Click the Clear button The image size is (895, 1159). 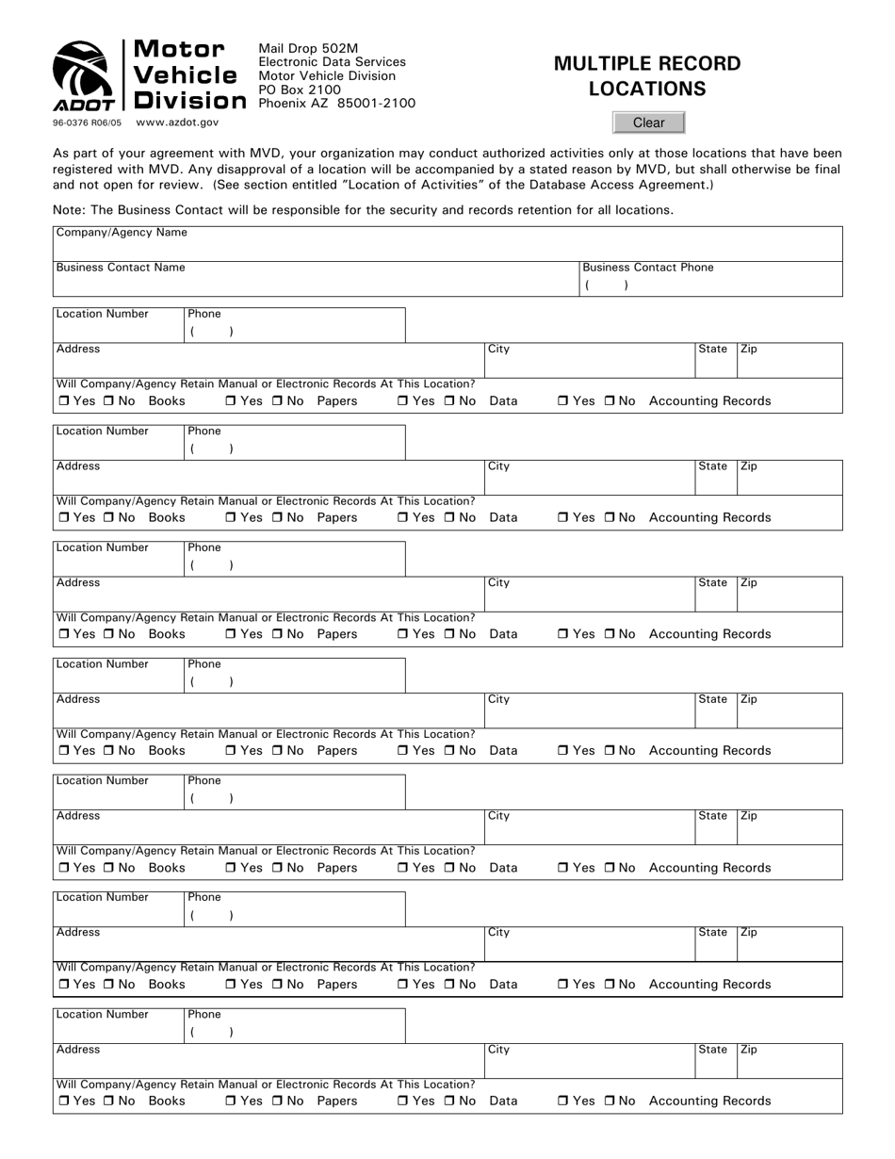pos(648,122)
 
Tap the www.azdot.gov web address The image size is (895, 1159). pos(177,122)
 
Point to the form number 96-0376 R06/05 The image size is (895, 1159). pos(88,122)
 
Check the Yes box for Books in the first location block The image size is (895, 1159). pos(63,401)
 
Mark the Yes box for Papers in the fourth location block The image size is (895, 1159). pos(231,752)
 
